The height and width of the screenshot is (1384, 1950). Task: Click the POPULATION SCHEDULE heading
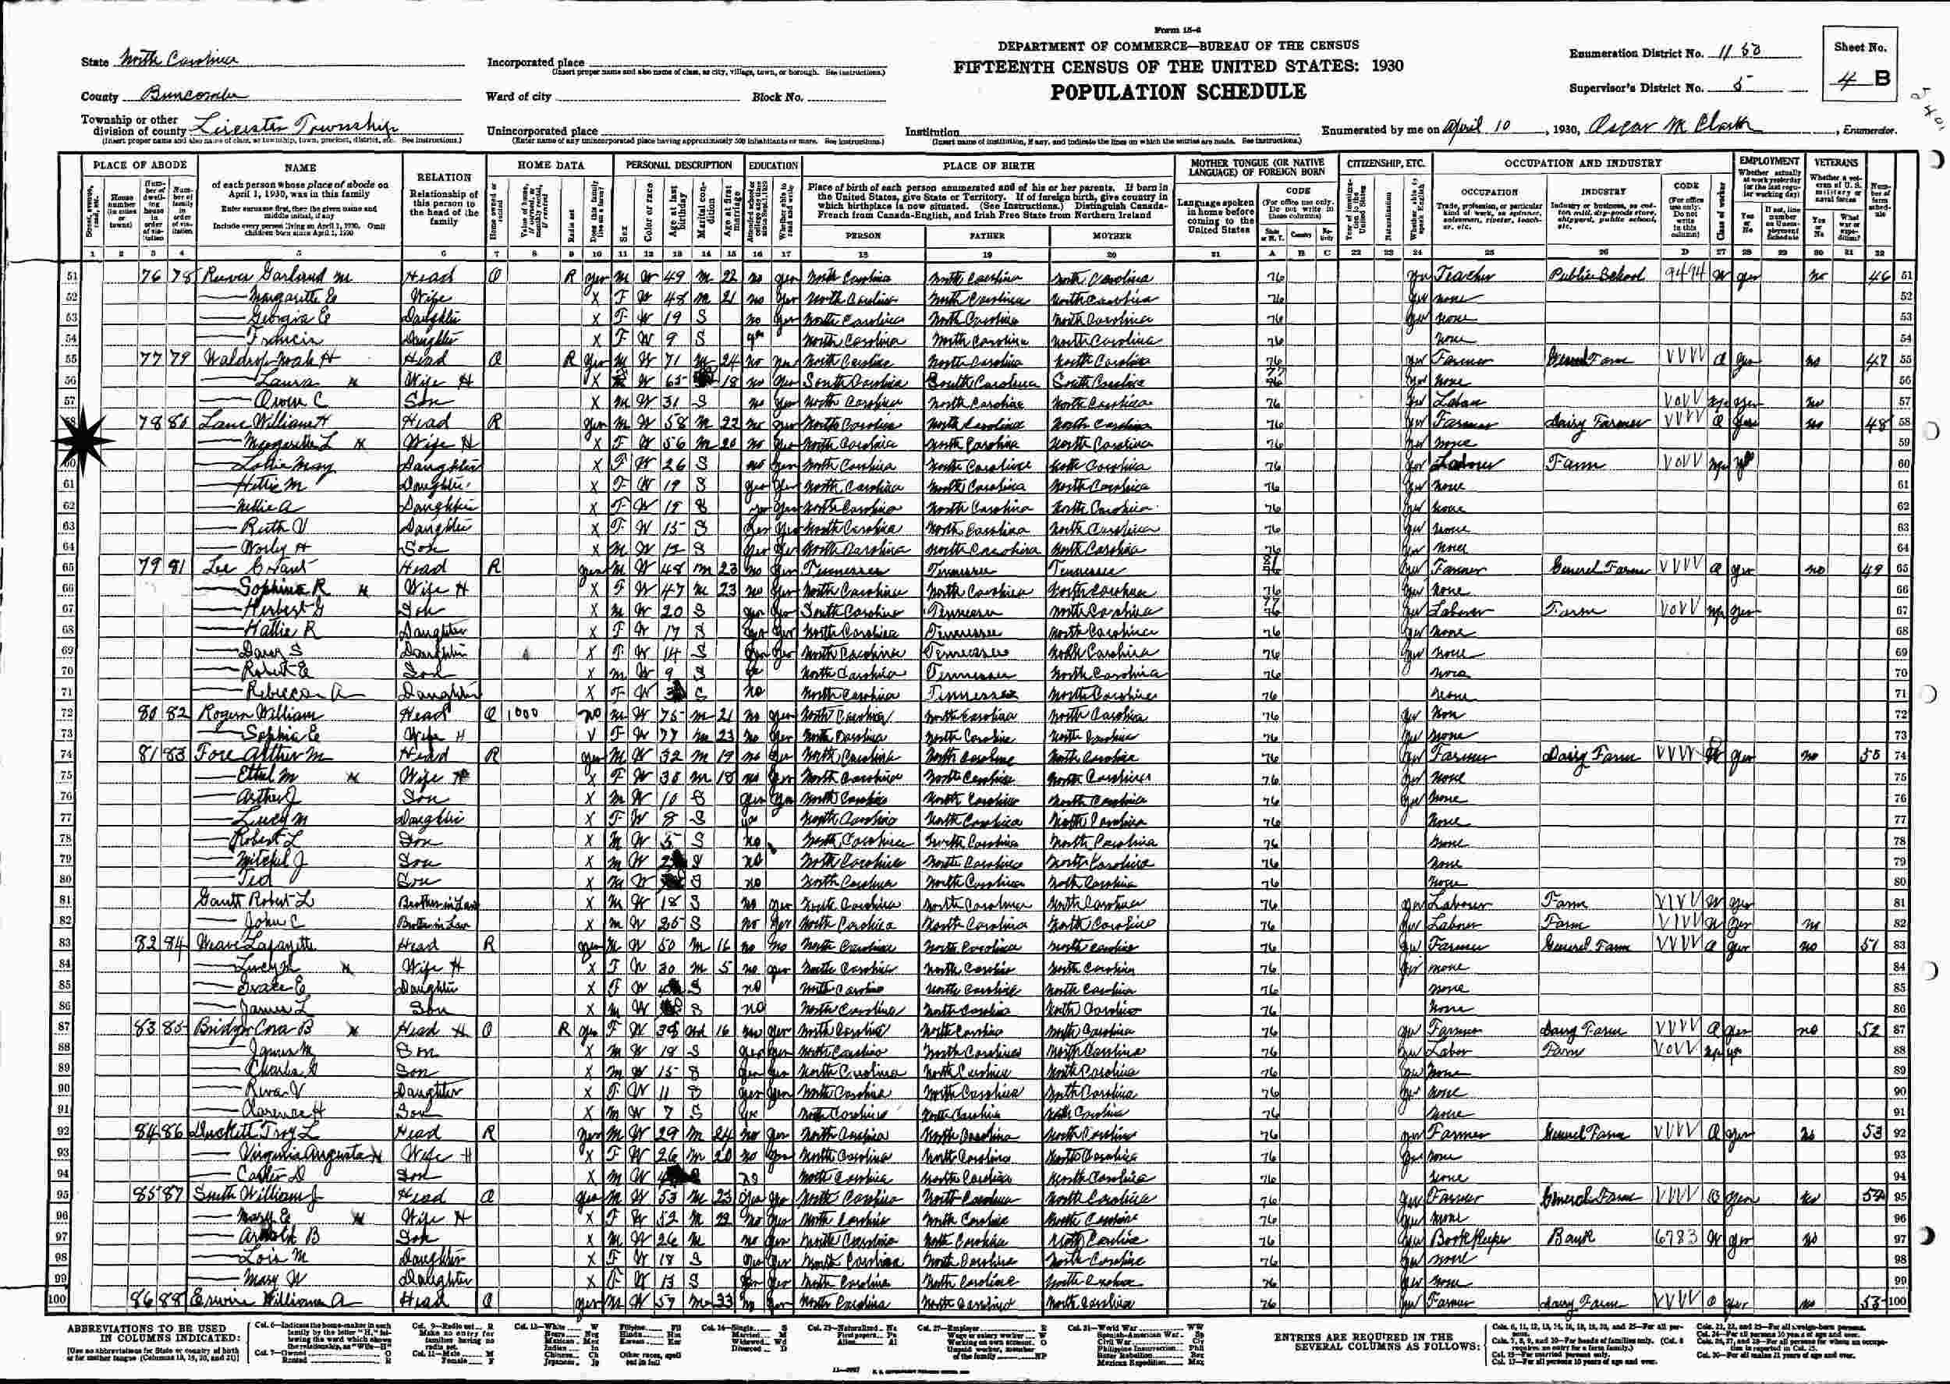click(x=1178, y=92)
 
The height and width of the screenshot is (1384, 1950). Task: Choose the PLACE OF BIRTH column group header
click(x=988, y=166)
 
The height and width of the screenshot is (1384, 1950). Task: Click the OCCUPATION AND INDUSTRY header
click(x=1582, y=163)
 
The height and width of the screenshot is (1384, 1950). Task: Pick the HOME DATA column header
click(x=552, y=165)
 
